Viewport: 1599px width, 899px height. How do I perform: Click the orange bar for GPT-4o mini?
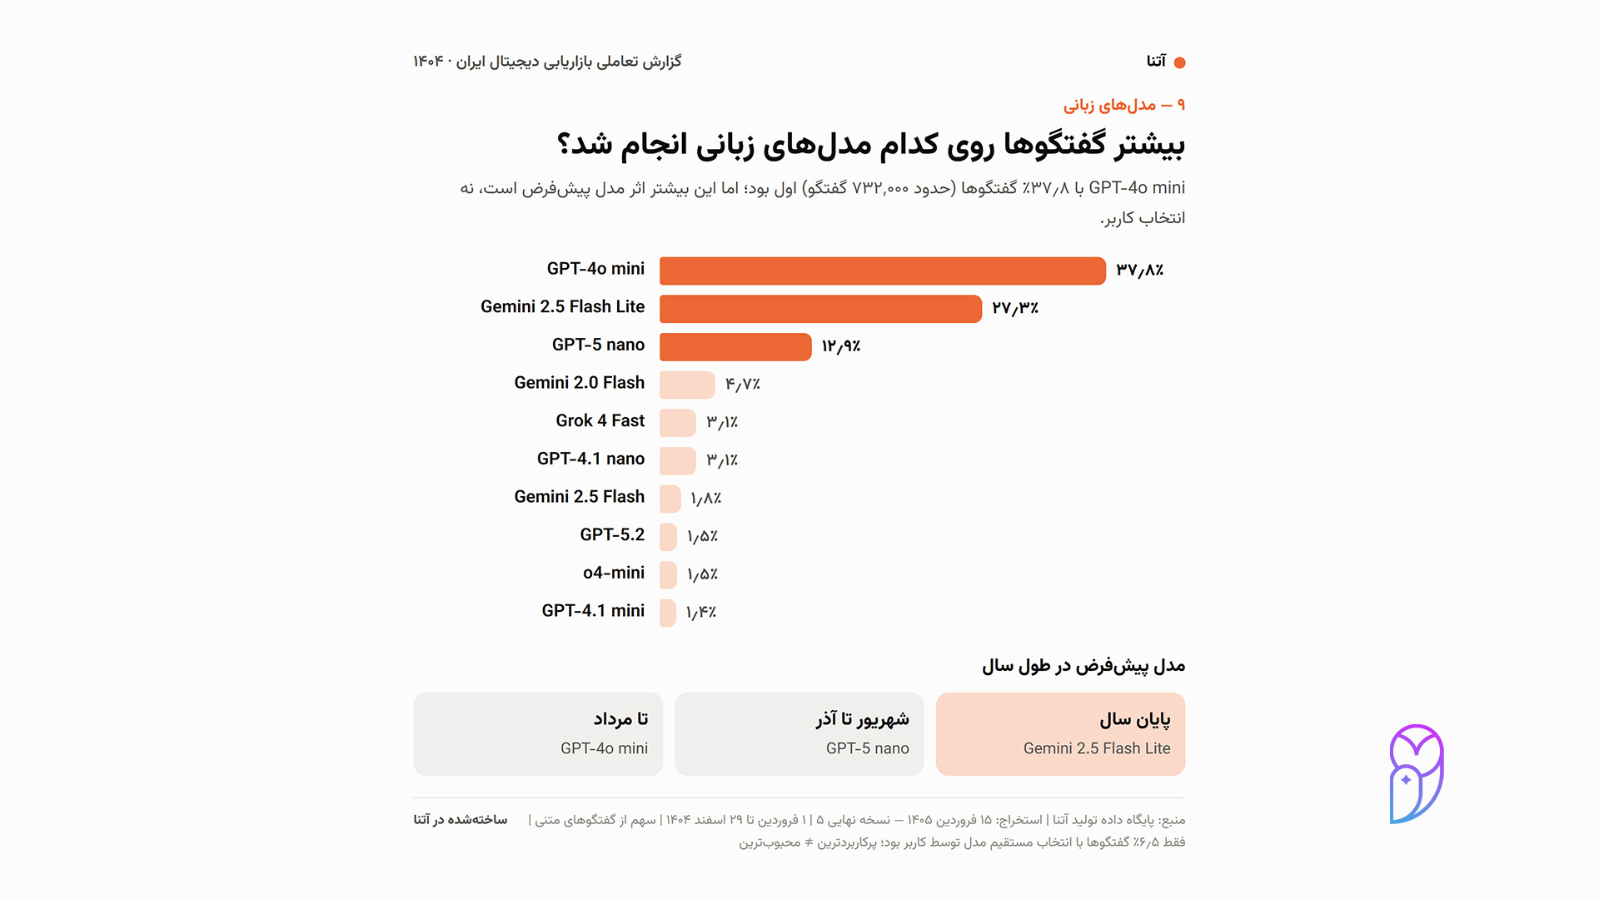pos(883,271)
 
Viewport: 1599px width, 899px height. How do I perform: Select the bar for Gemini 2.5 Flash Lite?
pos(820,309)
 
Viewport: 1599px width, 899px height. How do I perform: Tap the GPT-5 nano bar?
pos(735,347)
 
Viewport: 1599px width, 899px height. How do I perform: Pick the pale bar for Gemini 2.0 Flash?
pos(687,385)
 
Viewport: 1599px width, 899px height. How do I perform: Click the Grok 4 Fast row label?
pos(600,421)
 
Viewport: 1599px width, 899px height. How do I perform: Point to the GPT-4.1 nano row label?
pos(590,459)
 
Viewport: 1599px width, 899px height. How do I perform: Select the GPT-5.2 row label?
pos(612,534)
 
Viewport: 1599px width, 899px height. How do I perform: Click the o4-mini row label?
pos(614,573)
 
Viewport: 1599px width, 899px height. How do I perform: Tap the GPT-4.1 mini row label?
pos(593,611)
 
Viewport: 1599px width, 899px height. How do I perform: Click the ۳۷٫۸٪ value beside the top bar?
pos(1140,270)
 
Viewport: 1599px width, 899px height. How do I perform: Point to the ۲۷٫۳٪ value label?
pos(1015,308)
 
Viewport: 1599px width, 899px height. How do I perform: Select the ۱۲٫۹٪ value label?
pos(841,346)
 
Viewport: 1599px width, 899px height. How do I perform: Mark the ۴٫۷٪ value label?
pos(743,385)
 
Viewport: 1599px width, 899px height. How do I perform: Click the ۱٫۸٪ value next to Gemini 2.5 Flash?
pos(706,499)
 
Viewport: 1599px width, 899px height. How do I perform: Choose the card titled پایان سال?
pos(1060,734)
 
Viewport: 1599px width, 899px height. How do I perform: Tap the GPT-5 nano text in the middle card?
pos(868,748)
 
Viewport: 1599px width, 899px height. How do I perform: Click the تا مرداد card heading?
pos(620,718)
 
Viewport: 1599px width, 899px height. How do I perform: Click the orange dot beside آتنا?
pos(1179,62)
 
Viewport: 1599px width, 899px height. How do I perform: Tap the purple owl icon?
pos(1416,773)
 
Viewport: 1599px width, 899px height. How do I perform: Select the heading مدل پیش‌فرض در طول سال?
pos(1083,666)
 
